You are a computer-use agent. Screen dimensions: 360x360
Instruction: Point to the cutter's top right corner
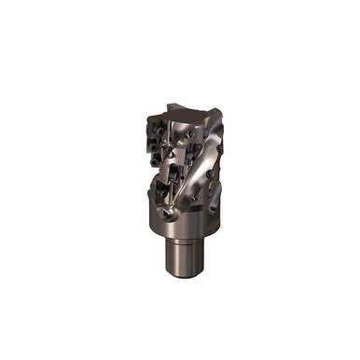(x=216, y=114)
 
